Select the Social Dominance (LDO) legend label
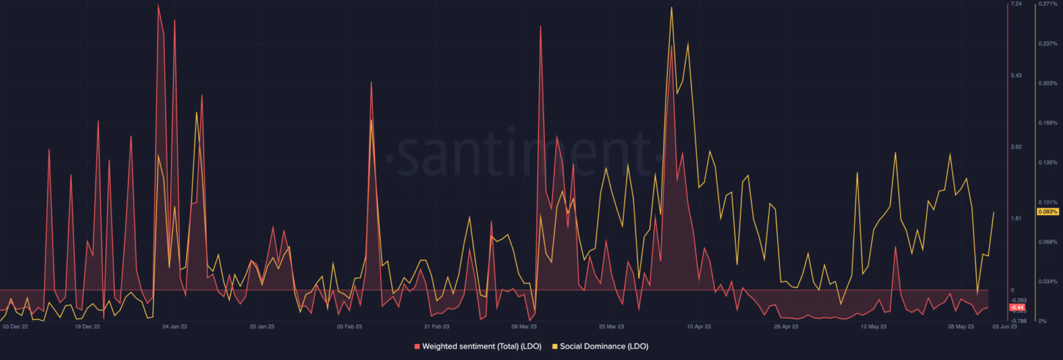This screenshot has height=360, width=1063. coord(603,345)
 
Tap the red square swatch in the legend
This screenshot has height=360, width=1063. coord(417,345)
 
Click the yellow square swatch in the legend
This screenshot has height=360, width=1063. coord(555,345)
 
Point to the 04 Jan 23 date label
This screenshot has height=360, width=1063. coord(174,325)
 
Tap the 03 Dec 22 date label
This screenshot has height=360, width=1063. coord(15,325)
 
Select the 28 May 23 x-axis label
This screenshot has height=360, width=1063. coord(960,325)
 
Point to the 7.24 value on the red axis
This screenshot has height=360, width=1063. coord(1016,4)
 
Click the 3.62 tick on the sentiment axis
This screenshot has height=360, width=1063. coord(1016,147)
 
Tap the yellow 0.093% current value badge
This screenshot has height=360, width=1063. coord(1047,212)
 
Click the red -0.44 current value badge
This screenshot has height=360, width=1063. coord(1017,307)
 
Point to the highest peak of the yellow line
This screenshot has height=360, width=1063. coord(671,8)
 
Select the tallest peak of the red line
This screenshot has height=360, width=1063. coord(158,5)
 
